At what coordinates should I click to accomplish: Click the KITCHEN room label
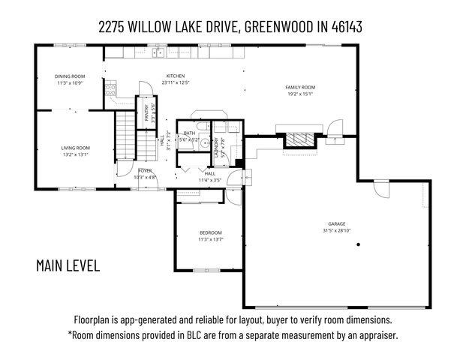[x=175, y=76]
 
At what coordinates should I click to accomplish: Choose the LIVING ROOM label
[x=76, y=148]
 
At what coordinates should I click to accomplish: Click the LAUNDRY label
[x=216, y=145]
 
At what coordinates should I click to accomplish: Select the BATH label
[x=189, y=133]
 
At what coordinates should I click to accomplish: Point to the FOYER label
[x=145, y=171]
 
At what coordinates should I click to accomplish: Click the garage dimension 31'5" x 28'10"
[x=336, y=230]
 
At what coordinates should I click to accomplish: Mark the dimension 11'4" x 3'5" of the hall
[x=209, y=180]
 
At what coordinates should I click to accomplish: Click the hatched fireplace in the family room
[x=299, y=140]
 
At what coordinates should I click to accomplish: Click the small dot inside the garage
[x=359, y=245]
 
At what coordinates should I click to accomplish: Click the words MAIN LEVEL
[x=68, y=265]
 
